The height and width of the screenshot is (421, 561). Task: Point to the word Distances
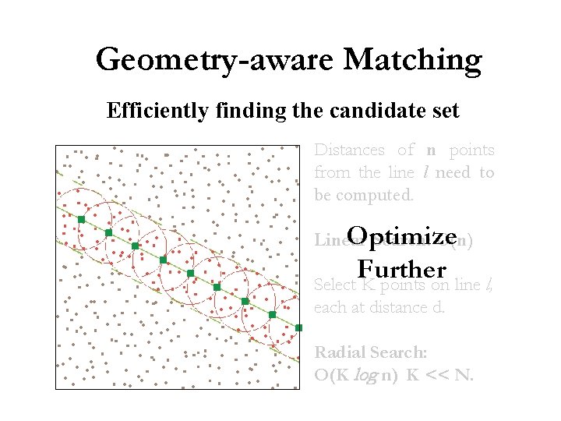349,150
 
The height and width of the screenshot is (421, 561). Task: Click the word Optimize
402,235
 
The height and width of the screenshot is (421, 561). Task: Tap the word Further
402,269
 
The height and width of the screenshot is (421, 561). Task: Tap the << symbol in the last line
437,375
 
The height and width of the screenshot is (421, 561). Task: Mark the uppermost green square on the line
81,220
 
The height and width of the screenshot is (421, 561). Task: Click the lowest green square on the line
298,328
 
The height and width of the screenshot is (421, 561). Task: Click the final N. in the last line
464,375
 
